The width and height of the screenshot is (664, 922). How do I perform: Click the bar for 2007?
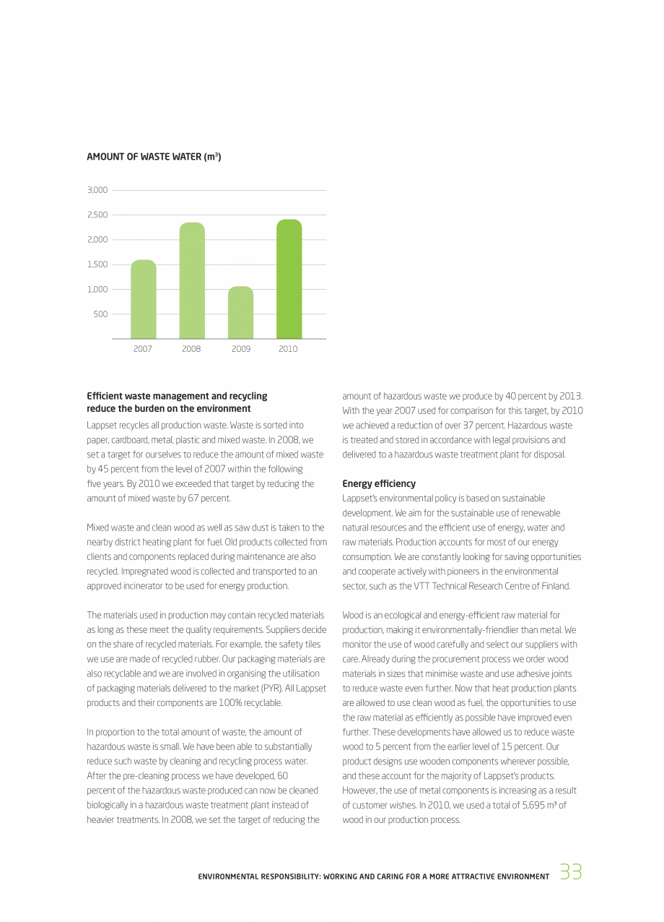click(143, 299)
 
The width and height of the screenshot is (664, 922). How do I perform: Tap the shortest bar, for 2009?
click(240, 313)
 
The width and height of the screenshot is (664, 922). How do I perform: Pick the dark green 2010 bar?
click(289, 279)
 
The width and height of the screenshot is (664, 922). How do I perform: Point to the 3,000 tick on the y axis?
click(97, 190)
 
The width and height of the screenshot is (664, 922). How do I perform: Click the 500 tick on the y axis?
click(100, 314)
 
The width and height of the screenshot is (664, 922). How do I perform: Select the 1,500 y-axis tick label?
click(97, 264)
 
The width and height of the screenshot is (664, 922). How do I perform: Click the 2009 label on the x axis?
click(240, 349)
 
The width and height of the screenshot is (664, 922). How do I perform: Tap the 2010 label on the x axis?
click(288, 349)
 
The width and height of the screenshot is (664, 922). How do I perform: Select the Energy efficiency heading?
click(379, 483)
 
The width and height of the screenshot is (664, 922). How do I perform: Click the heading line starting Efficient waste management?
click(177, 396)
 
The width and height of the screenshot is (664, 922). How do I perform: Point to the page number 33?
click(570, 872)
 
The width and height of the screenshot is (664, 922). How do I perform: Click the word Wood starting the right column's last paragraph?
click(353, 616)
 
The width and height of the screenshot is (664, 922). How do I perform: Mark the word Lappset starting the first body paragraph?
click(101, 425)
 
